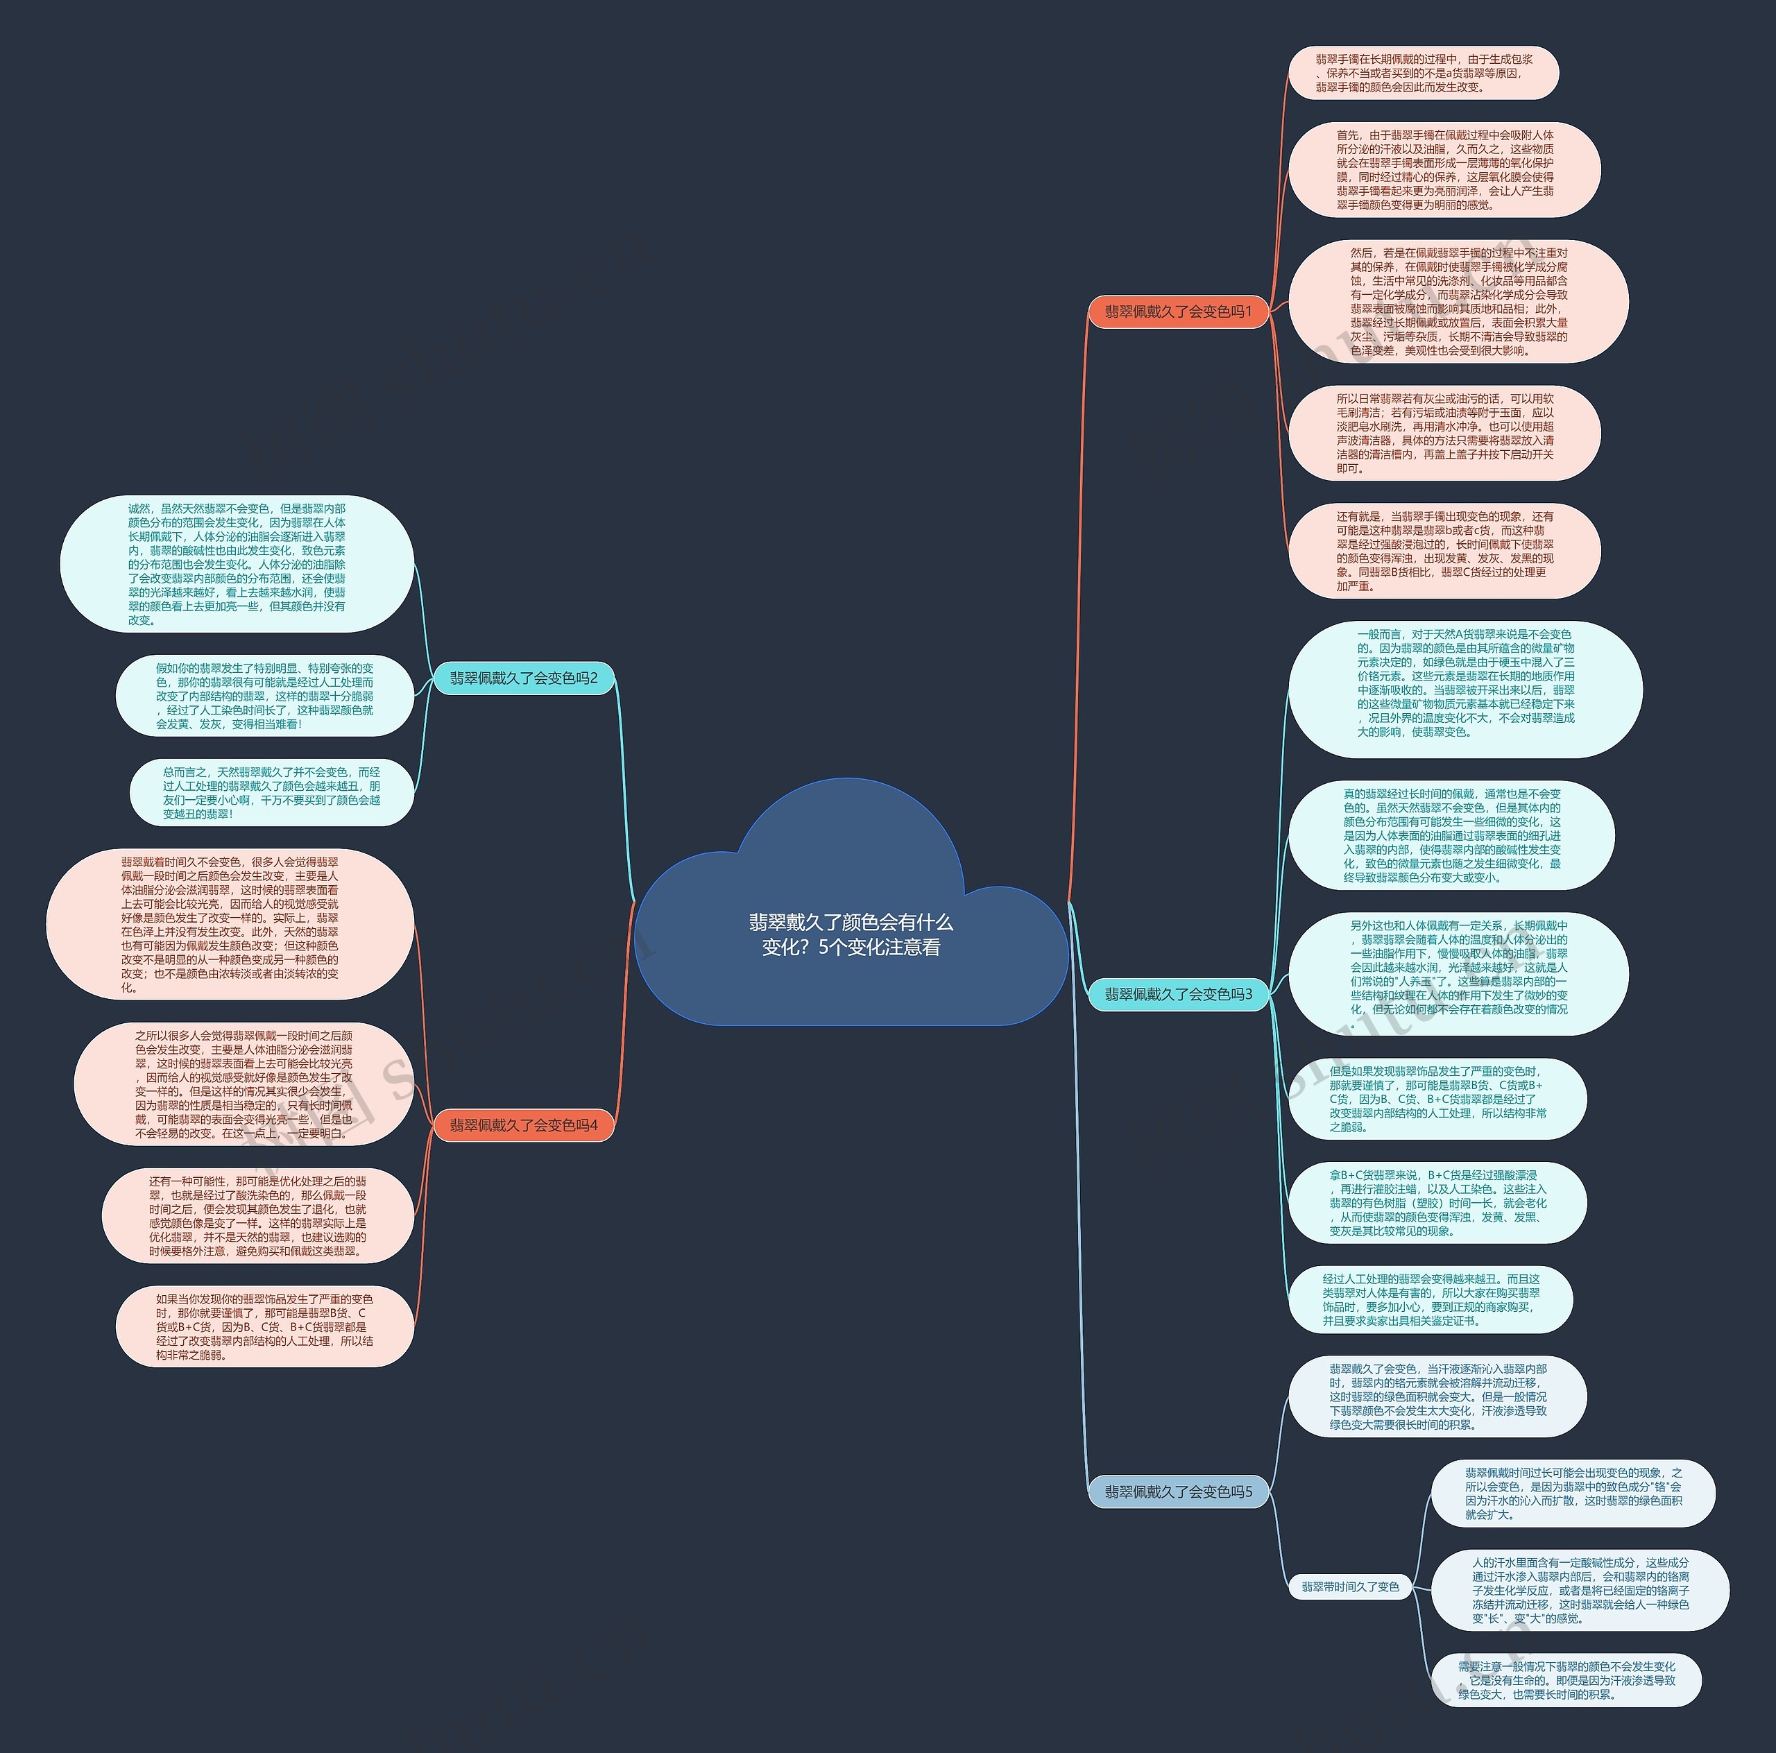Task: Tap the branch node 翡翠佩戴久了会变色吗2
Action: click(523, 678)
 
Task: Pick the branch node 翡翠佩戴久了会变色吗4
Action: click(523, 1125)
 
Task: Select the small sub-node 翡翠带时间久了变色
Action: click(1349, 1586)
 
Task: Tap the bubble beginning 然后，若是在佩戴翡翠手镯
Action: click(1458, 302)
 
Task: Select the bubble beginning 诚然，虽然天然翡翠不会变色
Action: click(237, 563)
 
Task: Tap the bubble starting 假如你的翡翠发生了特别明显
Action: click(265, 696)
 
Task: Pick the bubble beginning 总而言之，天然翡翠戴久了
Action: click(271, 792)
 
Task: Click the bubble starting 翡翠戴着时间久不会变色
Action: click(230, 924)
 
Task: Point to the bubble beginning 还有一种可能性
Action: click(257, 1215)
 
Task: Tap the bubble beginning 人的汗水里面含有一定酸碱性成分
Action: click(1579, 1589)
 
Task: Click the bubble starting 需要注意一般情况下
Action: click(1566, 1679)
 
